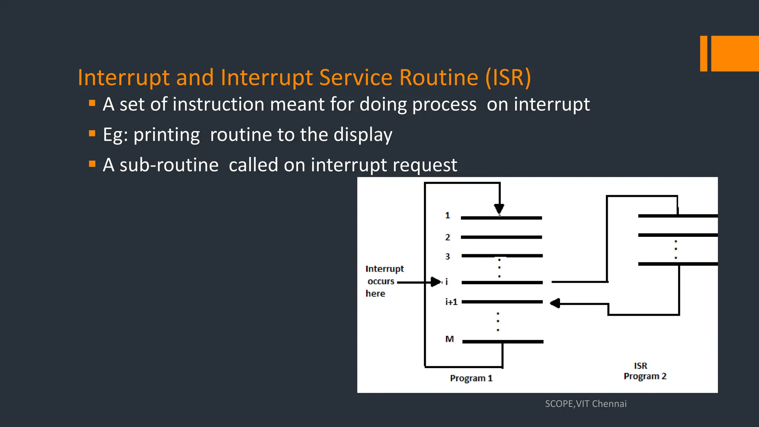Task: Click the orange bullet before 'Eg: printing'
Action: [x=92, y=133]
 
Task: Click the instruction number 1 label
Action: [x=447, y=215]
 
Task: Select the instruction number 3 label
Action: [x=447, y=256]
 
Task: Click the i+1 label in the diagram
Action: [x=451, y=302]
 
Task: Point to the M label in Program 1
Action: [x=449, y=339]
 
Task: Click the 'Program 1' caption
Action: [x=471, y=378]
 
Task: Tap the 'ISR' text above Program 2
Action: [x=640, y=366]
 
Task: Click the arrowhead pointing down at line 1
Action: [x=499, y=209]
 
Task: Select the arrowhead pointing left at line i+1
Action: [x=555, y=304]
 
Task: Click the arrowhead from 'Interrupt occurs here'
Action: [x=436, y=282]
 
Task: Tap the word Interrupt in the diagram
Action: [x=384, y=269]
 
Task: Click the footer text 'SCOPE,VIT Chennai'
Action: [x=586, y=404]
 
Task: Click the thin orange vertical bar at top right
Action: [x=703, y=53]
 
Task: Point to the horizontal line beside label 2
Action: [x=501, y=237]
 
